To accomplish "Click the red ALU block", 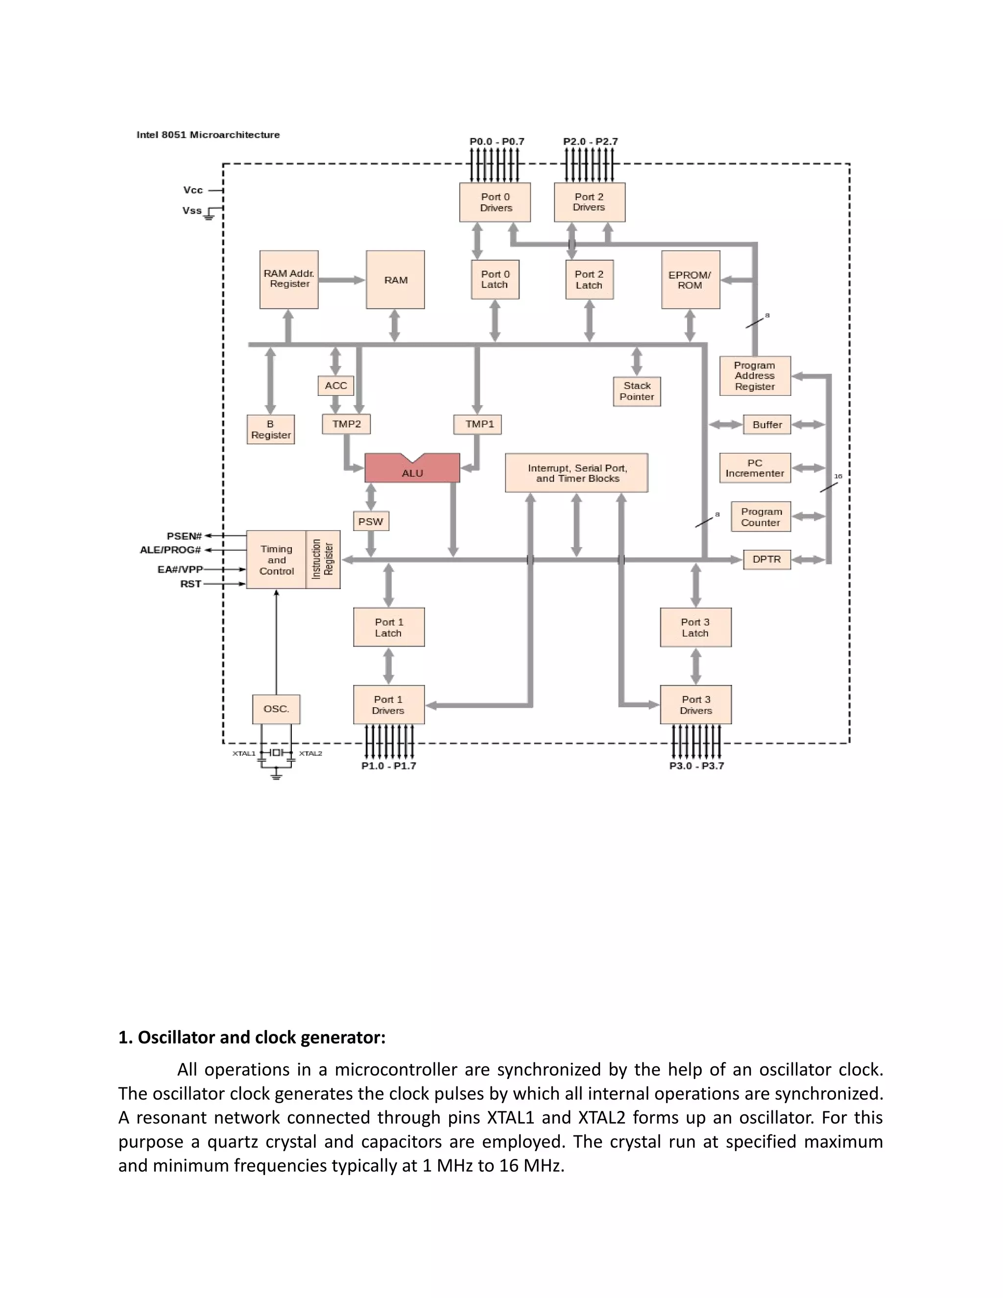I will [412, 470].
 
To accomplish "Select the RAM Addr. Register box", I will [289, 279].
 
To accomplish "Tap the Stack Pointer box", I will [636, 391].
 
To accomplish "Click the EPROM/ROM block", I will [690, 280].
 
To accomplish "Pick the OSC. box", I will [276, 709].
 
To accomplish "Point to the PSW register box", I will [370, 521].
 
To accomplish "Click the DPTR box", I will [766, 559].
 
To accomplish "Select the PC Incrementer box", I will [755, 468].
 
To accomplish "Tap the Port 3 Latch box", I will [695, 627].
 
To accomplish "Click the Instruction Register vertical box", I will [323, 560].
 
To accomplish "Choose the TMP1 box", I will [479, 424].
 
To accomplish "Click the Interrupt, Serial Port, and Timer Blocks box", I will [576, 473].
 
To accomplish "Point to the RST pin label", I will [191, 584].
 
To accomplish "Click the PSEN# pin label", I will [184, 536].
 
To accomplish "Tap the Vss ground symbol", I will [209, 216].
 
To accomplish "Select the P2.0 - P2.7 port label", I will [590, 142].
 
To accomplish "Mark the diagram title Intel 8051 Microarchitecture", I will [208, 135].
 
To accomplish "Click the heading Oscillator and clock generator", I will [252, 1037].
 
